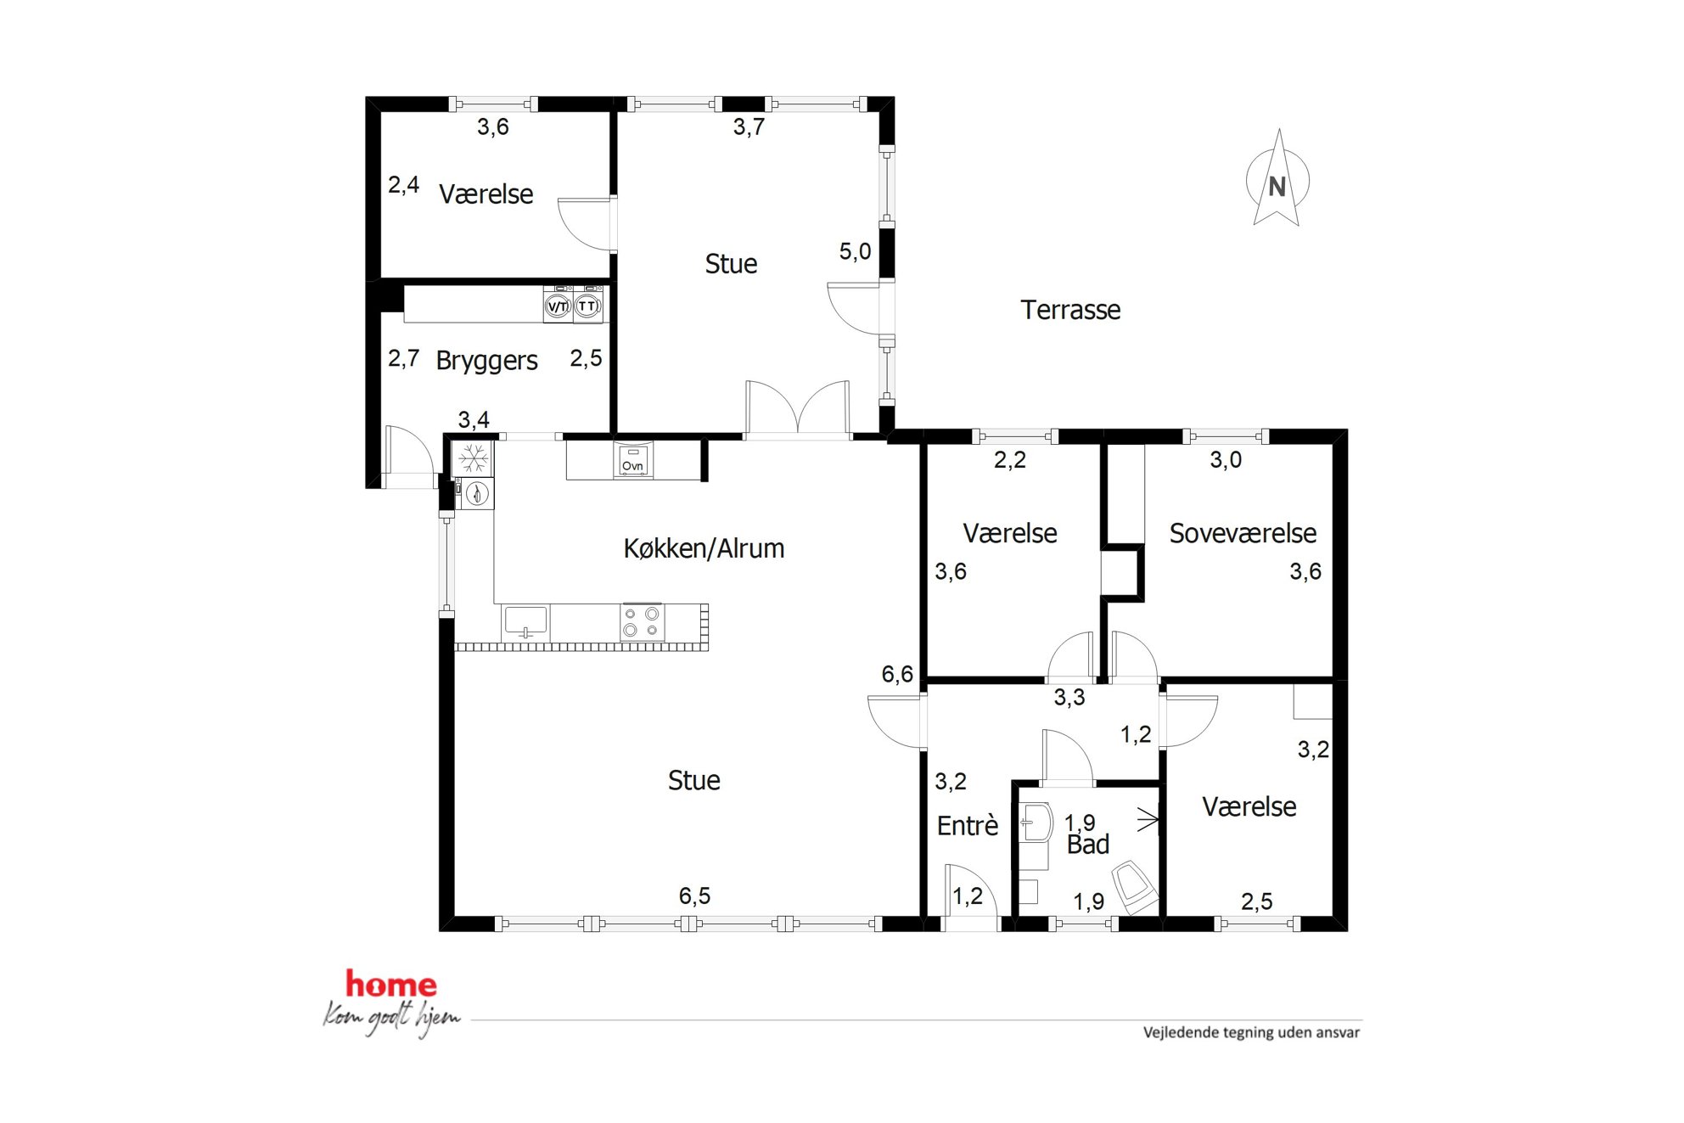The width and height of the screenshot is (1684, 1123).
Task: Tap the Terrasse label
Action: pyautogui.click(x=1070, y=310)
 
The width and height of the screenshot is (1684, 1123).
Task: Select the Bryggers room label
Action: pyautogui.click(x=486, y=361)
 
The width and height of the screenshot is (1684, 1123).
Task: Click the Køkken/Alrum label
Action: pyautogui.click(x=704, y=548)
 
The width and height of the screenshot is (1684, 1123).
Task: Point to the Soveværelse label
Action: pyautogui.click(x=1243, y=533)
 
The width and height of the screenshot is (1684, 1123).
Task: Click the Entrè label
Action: pyautogui.click(x=968, y=825)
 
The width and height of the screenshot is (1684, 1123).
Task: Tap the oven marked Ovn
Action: pyautogui.click(x=633, y=461)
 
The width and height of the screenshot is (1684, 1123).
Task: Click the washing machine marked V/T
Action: pyautogui.click(x=558, y=306)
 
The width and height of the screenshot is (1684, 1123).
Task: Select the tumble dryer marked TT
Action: pyautogui.click(x=587, y=306)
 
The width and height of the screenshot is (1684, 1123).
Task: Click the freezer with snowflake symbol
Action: pyautogui.click(x=473, y=459)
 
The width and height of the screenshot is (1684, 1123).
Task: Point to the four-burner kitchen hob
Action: pyautogui.click(x=642, y=621)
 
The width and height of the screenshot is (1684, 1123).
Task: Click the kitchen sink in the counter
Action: pyautogui.click(x=525, y=622)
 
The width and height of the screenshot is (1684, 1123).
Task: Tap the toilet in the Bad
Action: pyautogui.click(x=1134, y=886)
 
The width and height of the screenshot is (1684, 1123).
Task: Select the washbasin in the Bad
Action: pyautogui.click(x=1036, y=822)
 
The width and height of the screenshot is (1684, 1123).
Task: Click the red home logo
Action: pyautogui.click(x=391, y=985)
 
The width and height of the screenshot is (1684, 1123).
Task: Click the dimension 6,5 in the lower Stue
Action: pyautogui.click(x=694, y=896)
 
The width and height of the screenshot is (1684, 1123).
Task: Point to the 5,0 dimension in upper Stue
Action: pyautogui.click(x=855, y=251)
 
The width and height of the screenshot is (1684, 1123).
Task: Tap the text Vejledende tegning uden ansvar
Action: pyautogui.click(x=1251, y=1032)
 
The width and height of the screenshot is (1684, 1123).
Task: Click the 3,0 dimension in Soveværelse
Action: pyautogui.click(x=1226, y=460)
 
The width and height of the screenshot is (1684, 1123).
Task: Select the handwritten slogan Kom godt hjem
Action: pyautogui.click(x=391, y=1018)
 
